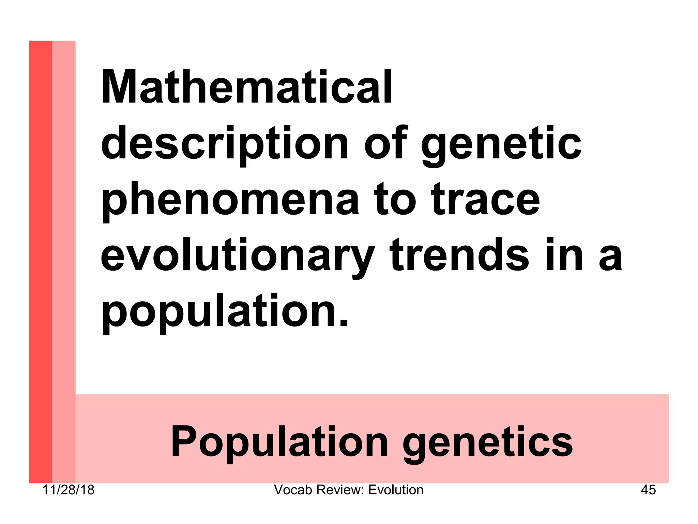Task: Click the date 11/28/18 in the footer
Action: pos(69,490)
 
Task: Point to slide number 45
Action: pos(648,490)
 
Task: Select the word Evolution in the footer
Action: pos(396,490)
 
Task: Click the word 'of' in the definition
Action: pos(386,143)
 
